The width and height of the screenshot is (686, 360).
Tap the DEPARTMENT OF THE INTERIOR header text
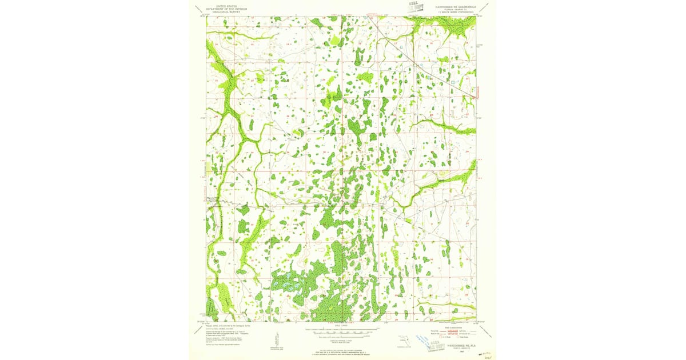pyautogui.click(x=227, y=9)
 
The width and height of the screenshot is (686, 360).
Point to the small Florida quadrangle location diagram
pyautogui.click(x=404, y=342)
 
